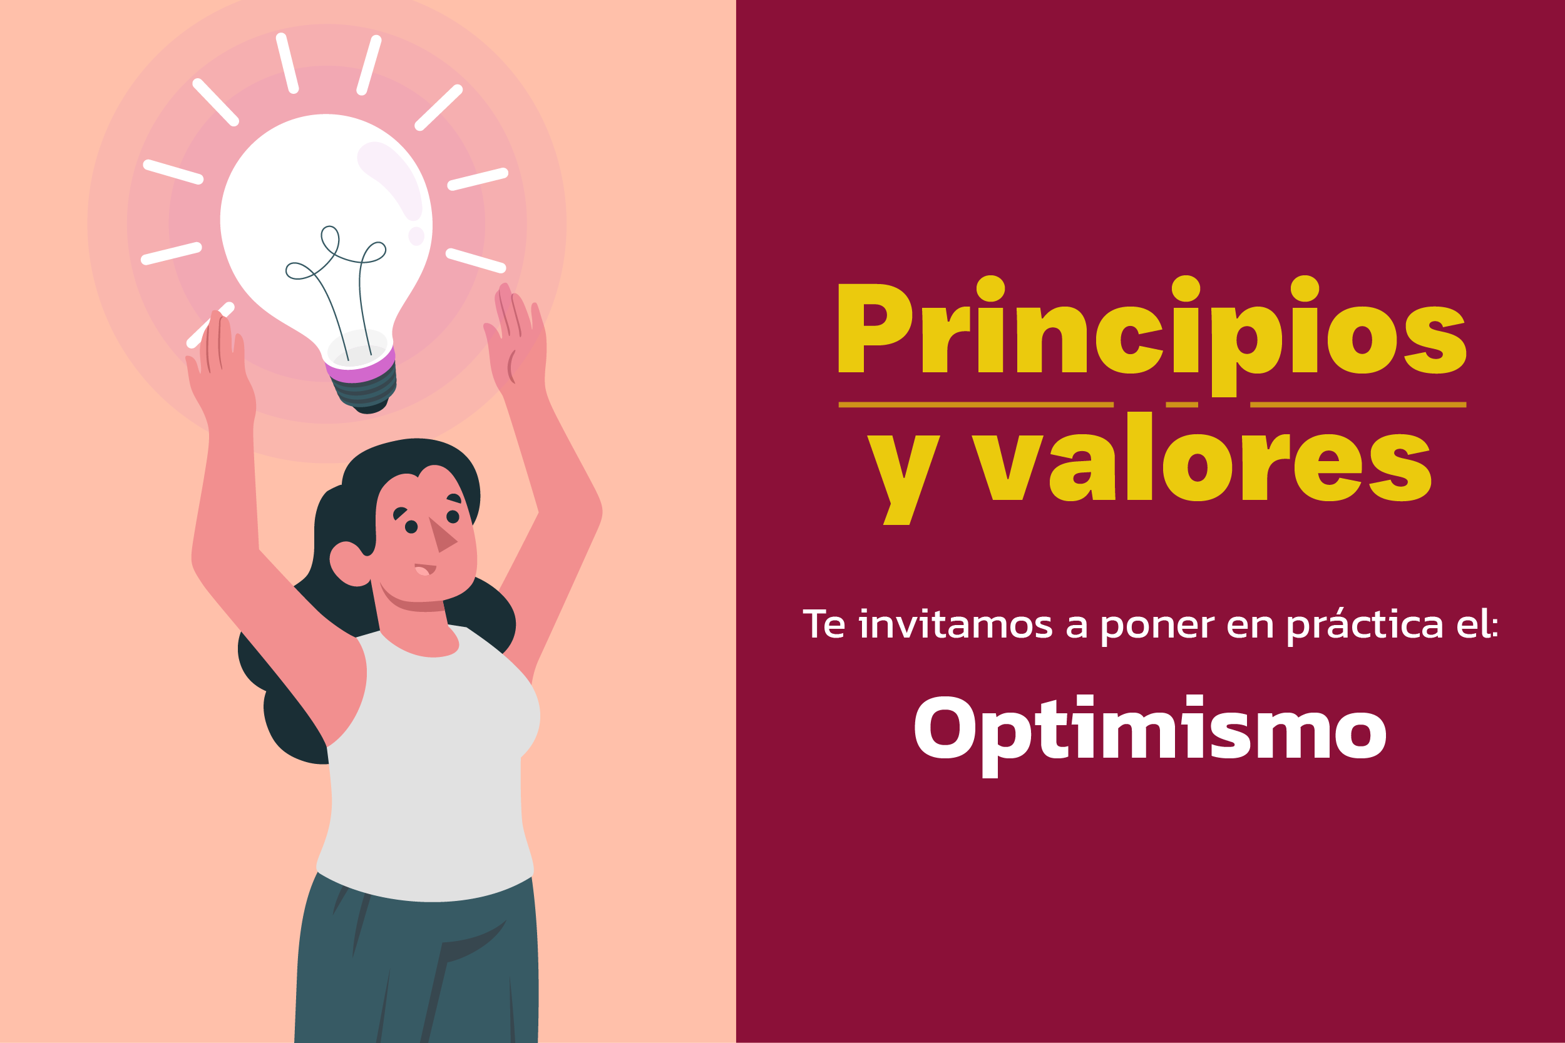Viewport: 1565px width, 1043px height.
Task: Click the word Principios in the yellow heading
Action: [1152, 335]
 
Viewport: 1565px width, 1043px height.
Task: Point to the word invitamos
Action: [955, 624]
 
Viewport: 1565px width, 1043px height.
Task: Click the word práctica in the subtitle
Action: [1365, 626]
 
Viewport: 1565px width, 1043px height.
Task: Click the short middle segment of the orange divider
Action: [1182, 404]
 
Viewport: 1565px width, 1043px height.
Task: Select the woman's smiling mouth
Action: [425, 569]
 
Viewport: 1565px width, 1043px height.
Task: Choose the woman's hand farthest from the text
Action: [220, 359]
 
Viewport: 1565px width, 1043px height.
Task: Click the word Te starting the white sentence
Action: [824, 624]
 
